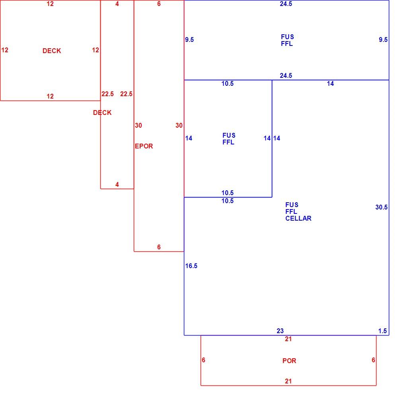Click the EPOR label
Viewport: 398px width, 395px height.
(144, 146)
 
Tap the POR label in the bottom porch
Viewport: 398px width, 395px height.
(289, 361)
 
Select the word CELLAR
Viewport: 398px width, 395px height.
(298, 218)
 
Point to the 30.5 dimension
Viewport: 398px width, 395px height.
(382, 207)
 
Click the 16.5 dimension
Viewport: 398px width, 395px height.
(191, 266)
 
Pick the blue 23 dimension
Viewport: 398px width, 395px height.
(280, 331)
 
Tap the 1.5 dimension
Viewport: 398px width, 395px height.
(382, 331)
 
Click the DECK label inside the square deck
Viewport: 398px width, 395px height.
(52, 51)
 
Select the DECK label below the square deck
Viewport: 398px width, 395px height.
(102, 113)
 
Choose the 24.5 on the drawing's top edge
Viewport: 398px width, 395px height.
(286, 4)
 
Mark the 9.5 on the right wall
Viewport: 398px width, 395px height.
(383, 39)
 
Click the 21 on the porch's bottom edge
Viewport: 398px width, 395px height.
(288, 381)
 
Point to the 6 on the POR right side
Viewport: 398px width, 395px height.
(373, 360)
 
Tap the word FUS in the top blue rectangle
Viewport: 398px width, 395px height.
(287, 37)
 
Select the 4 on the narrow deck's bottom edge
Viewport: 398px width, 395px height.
(117, 184)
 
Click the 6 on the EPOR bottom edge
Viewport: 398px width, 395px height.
(159, 247)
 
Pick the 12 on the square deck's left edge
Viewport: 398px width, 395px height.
(5, 50)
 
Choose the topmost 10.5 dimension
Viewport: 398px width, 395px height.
(227, 83)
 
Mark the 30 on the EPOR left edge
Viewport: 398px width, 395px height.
(139, 125)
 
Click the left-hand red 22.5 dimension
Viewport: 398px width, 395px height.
(107, 94)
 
